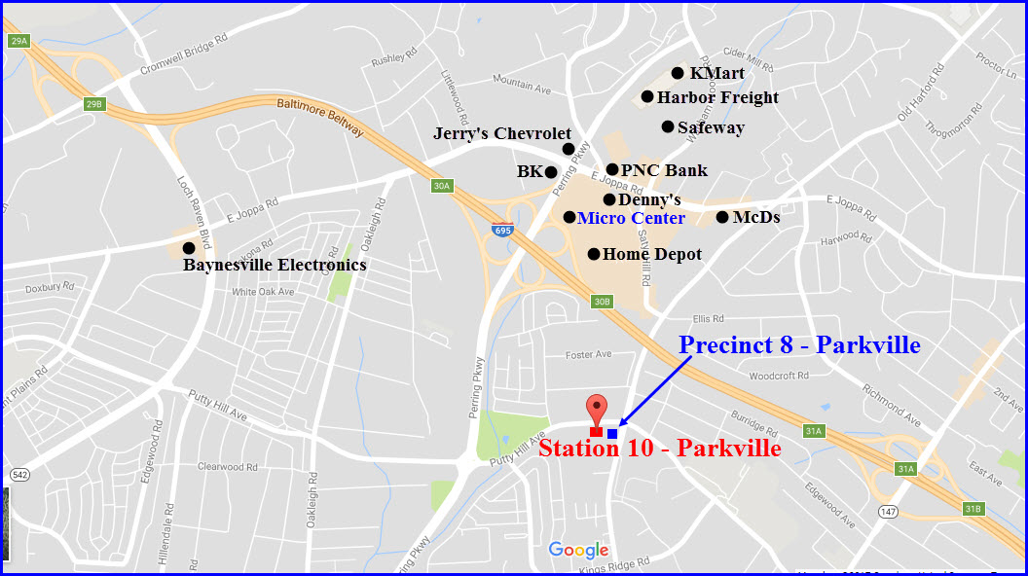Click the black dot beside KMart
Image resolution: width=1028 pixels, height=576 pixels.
pos(678,73)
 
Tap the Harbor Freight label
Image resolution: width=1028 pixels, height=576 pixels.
pos(717,97)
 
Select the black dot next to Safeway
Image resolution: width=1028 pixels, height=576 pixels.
pos(668,126)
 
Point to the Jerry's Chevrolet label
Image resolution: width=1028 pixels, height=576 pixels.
pos(501,133)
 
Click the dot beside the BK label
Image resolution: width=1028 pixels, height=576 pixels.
pos(550,172)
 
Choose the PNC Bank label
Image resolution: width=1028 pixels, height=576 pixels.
pos(664,170)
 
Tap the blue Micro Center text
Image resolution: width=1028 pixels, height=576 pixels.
pos(631,218)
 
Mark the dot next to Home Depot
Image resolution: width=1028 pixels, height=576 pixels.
pos(594,254)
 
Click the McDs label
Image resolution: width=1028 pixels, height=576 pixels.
pos(755,217)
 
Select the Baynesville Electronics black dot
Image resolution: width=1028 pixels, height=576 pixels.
pos(189,248)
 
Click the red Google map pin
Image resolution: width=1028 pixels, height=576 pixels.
pos(596,409)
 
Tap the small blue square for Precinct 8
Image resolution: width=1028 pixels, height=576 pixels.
pos(612,433)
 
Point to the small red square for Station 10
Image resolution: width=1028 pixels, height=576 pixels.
pos(596,432)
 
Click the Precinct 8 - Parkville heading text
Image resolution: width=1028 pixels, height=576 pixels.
pos(799,344)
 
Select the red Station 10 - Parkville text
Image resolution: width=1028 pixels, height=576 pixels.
pos(659,449)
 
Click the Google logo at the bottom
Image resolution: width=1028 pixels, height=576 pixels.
pos(578,550)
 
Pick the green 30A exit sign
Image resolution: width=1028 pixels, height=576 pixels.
pos(442,185)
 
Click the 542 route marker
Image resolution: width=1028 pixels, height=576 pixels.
pos(20,475)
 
